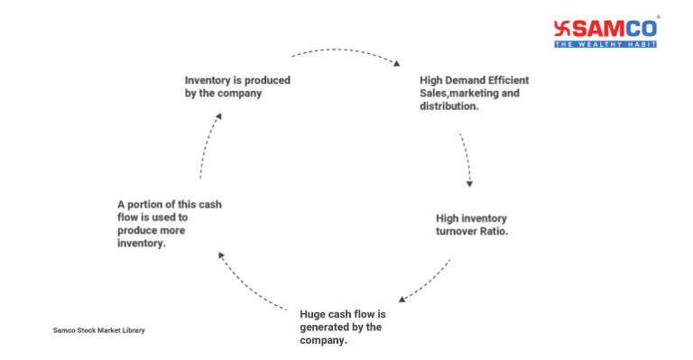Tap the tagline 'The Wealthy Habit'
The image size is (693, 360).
pyautogui.click(x=605, y=43)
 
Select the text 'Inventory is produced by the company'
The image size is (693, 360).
pyautogui.click(x=237, y=86)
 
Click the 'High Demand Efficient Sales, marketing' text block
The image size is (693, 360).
pyautogui.click(x=474, y=93)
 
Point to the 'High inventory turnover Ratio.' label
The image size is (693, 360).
pyautogui.click(x=471, y=225)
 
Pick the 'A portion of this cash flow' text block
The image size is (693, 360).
pyautogui.click(x=169, y=223)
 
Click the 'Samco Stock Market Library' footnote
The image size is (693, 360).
pyautogui.click(x=98, y=330)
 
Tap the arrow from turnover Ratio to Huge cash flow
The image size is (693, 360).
pyautogui.click(x=425, y=281)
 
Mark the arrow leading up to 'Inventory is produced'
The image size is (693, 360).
pyautogui.click(x=208, y=145)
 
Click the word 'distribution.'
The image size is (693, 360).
pyautogui.click(x=449, y=106)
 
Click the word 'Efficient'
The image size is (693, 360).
pyautogui.click(x=506, y=80)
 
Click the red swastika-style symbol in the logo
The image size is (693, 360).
pyautogui.click(x=563, y=28)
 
